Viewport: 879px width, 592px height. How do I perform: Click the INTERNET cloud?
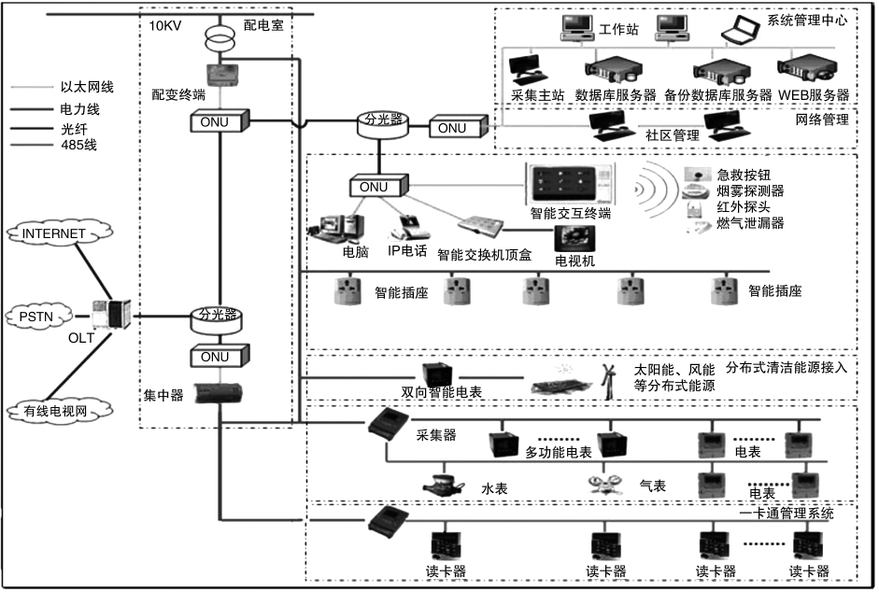tap(53, 233)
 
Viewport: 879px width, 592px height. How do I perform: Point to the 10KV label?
tap(165, 25)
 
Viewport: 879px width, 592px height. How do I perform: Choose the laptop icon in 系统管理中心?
tap(744, 31)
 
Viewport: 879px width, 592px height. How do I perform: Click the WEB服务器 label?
tap(815, 95)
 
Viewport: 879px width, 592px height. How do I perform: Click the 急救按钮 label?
tap(750, 175)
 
